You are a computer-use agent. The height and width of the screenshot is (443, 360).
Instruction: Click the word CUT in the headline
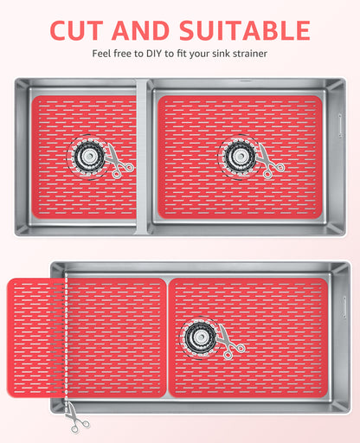[x=76, y=30]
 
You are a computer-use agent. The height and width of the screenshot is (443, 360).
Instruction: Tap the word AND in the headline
[x=140, y=30]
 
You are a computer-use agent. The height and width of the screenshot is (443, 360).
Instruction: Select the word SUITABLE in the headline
[x=245, y=30]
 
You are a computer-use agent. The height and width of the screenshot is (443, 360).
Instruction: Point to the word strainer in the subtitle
[x=250, y=54]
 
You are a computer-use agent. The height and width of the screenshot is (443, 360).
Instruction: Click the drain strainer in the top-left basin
[x=88, y=157]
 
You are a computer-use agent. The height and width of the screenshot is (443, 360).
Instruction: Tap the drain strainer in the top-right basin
[x=240, y=157]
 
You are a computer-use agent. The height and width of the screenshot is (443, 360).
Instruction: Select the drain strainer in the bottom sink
[x=200, y=337]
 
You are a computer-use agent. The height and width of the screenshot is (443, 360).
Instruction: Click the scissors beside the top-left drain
[x=119, y=162]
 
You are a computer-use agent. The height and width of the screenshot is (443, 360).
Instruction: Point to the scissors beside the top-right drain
[x=270, y=162]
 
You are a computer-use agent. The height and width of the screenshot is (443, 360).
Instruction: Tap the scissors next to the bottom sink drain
[x=231, y=342]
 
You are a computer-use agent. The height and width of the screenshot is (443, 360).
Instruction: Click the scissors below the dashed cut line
[x=75, y=418]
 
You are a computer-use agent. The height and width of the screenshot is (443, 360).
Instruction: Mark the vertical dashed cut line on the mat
[x=67, y=337]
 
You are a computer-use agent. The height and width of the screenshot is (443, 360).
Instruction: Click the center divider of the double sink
[x=142, y=157]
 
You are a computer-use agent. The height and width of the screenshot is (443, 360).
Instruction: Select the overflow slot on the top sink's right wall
[x=340, y=125]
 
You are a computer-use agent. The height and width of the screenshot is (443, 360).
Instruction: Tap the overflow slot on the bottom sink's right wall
[x=344, y=307]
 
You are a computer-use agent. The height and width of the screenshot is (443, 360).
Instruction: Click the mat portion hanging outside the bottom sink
[x=36, y=337]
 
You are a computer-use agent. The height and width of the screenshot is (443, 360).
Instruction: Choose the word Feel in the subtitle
[x=101, y=54]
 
